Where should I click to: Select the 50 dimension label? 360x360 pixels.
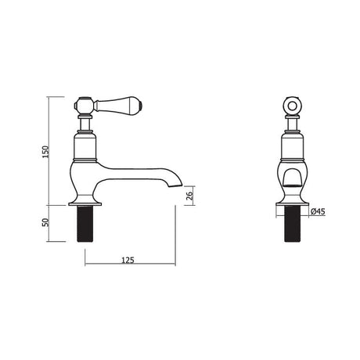pos(45,222)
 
